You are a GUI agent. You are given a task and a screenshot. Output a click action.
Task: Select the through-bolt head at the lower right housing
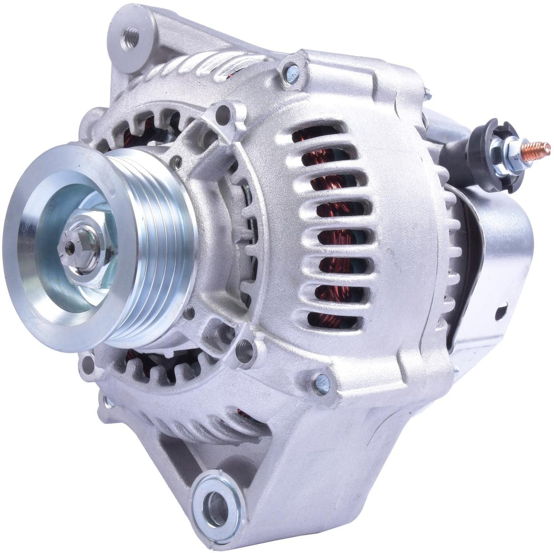[321, 380]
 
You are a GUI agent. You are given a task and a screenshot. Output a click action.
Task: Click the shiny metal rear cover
[495, 268]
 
